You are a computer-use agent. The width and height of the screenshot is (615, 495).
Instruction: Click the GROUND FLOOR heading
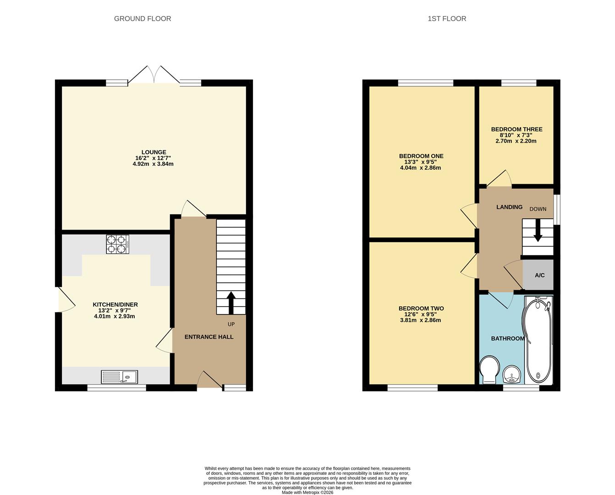click(x=143, y=19)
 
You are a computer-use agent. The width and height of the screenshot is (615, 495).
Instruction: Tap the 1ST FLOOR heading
click(x=447, y=19)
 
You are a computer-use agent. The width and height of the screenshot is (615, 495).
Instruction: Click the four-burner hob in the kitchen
click(x=117, y=244)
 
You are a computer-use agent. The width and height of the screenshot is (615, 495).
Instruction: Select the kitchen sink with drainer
click(x=119, y=377)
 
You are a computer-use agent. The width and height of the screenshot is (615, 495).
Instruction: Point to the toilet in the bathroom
click(x=489, y=369)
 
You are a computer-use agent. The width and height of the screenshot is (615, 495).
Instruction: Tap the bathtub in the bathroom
click(x=538, y=340)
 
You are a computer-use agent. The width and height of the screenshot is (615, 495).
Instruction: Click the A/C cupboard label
click(x=539, y=275)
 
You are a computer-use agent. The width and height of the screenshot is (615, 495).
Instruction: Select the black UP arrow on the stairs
click(x=231, y=303)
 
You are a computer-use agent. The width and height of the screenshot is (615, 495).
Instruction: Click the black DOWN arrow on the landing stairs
click(x=538, y=231)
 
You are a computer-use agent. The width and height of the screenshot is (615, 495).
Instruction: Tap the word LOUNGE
click(x=154, y=152)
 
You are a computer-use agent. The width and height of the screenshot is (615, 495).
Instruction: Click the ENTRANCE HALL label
click(x=209, y=337)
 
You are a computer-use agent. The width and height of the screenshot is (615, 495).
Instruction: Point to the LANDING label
click(x=509, y=207)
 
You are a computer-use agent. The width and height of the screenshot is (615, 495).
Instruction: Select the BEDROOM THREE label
click(x=516, y=129)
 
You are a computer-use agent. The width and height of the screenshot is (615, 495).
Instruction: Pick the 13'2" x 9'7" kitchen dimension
click(x=115, y=310)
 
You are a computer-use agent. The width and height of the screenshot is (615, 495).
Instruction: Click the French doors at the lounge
click(x=154, y=75)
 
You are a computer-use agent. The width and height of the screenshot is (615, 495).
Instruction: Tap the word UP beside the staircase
click(x=231, y=324)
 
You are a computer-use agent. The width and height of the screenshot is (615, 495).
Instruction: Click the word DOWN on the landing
click(x=538, y=209)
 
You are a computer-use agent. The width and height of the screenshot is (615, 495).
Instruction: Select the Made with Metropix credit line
click(x=307, y=492)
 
